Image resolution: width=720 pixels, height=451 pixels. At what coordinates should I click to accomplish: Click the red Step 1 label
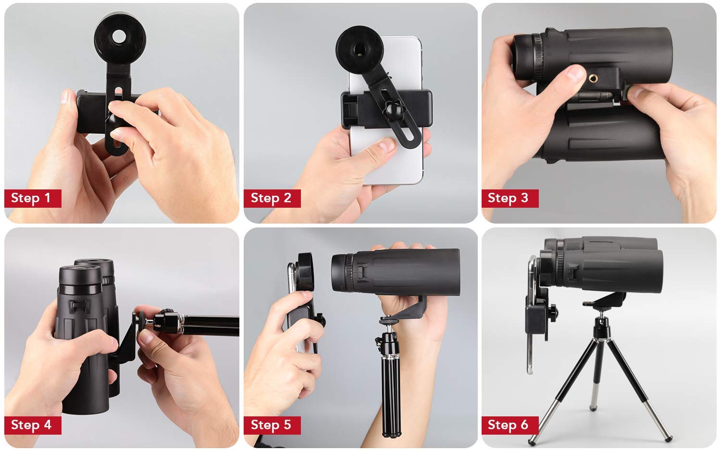click(33, 199)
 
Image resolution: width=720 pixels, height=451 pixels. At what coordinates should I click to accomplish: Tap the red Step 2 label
click(272, 199)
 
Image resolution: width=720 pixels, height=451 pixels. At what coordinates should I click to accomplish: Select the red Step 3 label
click(510, 199)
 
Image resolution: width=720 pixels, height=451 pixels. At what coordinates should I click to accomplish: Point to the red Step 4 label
click(33, 426)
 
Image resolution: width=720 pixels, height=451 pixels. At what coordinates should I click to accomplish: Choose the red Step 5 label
click(272, 426)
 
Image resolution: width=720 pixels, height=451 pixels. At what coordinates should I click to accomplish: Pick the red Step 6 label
click(510, 426)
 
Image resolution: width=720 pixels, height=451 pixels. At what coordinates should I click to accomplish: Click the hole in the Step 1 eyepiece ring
click(120, 37)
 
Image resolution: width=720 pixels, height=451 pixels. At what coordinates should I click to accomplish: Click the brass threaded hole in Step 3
click(593, 78)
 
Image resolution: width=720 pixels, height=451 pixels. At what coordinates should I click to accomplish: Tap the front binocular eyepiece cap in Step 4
click(80, 276)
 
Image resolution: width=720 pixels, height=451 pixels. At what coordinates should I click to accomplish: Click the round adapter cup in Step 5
click(305, 273)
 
